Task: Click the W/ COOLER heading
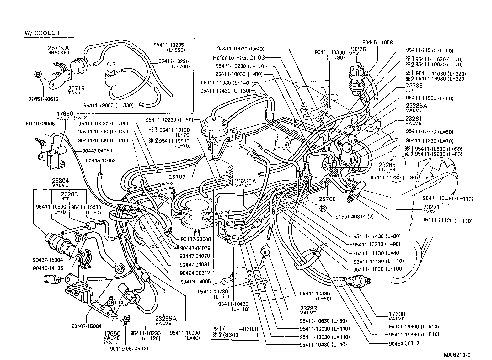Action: click(42, 33)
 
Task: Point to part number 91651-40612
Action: click(43, 99)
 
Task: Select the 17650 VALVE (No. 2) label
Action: click(65, 115)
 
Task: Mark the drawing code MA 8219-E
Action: click(457, 355)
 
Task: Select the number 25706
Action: click(327, 199)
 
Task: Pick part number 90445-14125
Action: click(48, 268)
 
